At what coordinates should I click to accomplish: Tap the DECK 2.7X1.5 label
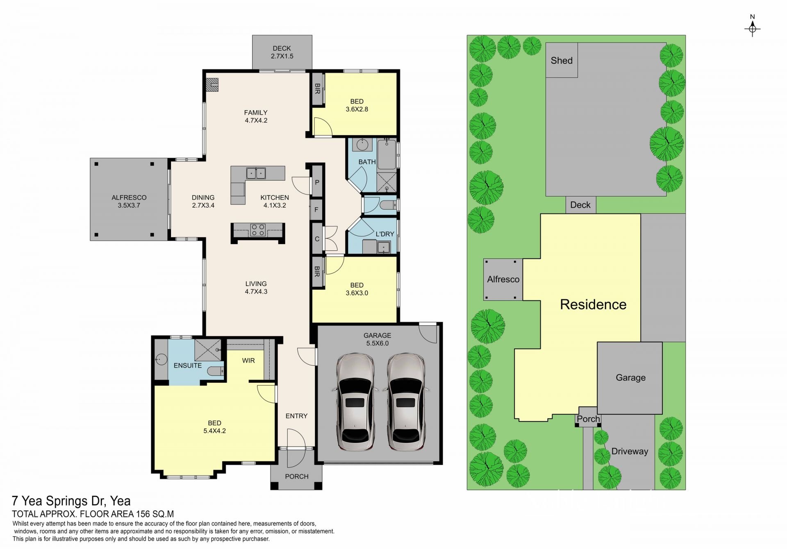click(282, 52)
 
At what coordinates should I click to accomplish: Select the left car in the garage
click(355, 402)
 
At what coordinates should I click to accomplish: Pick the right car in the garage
click(406, 402)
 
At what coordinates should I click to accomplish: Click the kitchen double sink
click(256, 173)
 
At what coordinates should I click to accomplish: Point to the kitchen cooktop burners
click(258, 230)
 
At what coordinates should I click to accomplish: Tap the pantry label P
click(317, 182)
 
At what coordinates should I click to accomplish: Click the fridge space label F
click(316, 210)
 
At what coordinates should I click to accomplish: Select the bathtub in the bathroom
click(387, 154)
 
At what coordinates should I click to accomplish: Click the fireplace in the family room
click(212, 85)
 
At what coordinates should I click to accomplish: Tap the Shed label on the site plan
click(562, 61)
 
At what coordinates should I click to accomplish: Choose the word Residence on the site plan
click(593, 304)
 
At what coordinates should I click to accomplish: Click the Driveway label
click(630, 451)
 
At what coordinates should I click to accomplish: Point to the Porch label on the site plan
click(588, 419)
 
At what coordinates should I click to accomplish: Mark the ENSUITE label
click(188, 365)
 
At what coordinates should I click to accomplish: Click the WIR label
click(248, 361)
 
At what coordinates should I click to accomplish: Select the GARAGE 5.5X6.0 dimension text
click(378, 339)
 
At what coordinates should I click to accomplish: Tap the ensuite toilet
click(216, 371)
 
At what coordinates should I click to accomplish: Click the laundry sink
click(384, 247)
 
